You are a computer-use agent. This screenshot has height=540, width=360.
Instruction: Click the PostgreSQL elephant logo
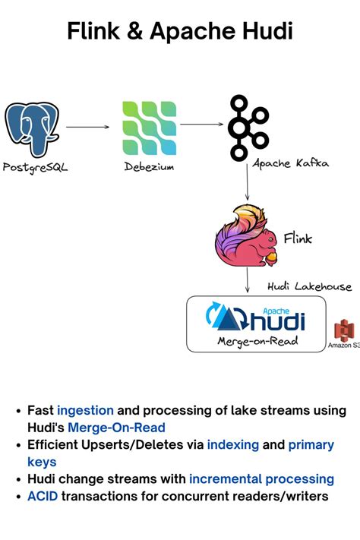[32, 129]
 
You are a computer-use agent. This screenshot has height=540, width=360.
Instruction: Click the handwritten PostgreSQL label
[35, 167]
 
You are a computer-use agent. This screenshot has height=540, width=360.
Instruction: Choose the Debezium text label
[149, 167]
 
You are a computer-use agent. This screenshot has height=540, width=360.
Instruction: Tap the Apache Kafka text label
[291, 163]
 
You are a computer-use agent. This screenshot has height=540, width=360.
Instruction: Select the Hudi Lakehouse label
[309, 286]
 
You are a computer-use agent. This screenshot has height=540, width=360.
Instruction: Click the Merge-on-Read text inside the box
[257, 342]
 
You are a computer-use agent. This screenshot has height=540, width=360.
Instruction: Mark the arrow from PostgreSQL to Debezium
[87, 128]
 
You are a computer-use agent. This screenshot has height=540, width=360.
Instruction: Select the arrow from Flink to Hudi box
[248, 282]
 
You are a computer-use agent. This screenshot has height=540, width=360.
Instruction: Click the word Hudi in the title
[265, 31]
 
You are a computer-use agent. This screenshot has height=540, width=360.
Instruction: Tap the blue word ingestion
[85, 410]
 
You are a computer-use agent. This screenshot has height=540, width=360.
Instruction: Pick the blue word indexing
[233, 444]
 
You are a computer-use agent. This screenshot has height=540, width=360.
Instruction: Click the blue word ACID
[43, 496]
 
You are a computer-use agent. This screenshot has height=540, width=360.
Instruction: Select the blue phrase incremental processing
[261, 478]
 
